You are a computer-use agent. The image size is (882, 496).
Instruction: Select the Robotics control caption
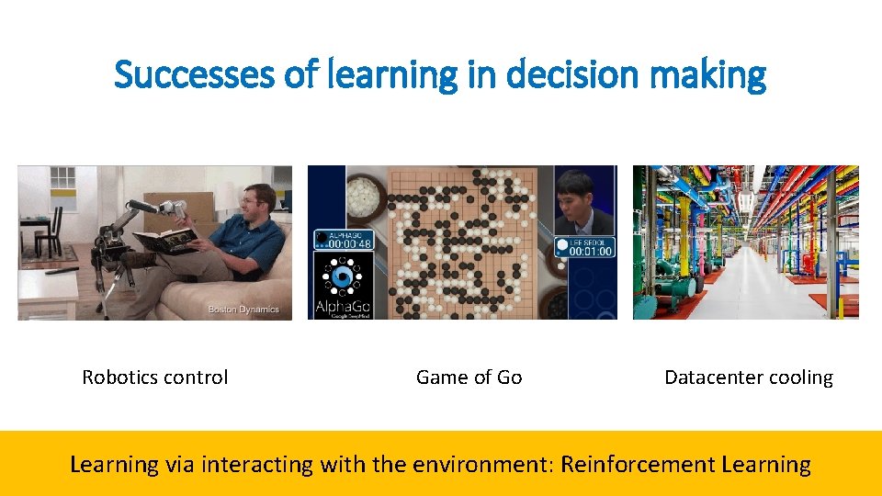155,378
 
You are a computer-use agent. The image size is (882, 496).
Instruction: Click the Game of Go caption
469,378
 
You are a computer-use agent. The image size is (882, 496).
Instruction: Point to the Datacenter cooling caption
748,378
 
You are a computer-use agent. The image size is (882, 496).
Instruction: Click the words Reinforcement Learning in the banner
685,464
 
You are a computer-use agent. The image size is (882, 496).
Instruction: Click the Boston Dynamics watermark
243,310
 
